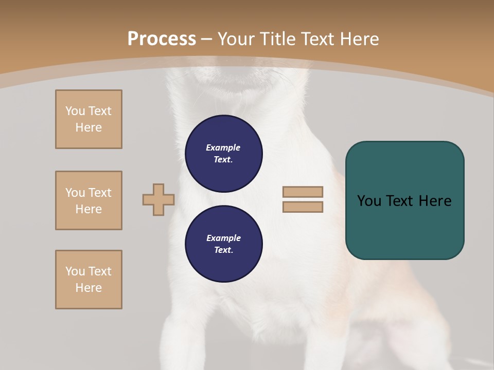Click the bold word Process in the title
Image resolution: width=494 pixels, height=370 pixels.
click(x=162, y=39)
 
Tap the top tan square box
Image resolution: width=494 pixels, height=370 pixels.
click(x=89, y=119)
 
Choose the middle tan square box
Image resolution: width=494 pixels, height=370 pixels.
click(x=89, y=200)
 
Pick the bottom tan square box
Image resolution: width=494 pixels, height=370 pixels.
click(x=89, y=280)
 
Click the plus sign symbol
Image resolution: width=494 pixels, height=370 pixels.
click(x=158, y=199)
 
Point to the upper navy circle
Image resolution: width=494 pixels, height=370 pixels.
click(x=224, y=154)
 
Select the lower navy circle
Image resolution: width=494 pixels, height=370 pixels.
click(x=224, y=244)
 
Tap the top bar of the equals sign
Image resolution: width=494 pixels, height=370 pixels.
click(x=303, y=192)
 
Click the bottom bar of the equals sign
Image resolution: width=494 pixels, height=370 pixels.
click(x=303, y=207)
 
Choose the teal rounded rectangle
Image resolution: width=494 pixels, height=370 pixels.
click(x=404, y=200)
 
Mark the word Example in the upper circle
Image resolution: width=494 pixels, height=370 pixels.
click(x=223, y=147)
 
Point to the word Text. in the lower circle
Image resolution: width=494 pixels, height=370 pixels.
click(x=223, y=250)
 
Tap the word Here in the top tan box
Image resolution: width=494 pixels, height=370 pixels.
click(x=89, y=127)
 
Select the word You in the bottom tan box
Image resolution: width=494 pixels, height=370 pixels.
click(x=75, y=271)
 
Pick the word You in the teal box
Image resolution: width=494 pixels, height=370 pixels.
click(x=369, y=201)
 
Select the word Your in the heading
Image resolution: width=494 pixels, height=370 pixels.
click(x=237, y=39)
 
